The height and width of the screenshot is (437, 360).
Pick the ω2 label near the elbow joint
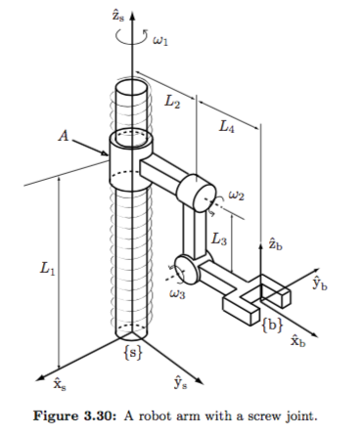click(x=237, y=196)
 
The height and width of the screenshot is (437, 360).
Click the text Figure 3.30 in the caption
click(x=88, y=417)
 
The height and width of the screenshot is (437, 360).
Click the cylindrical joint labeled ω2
click(x=200, y=193)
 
